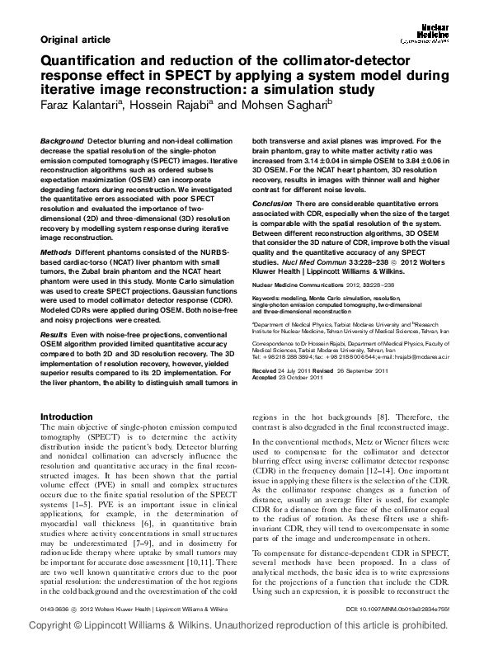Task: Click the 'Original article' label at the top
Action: (x=73, y=40)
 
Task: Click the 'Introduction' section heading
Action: (x=78, y=417)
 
